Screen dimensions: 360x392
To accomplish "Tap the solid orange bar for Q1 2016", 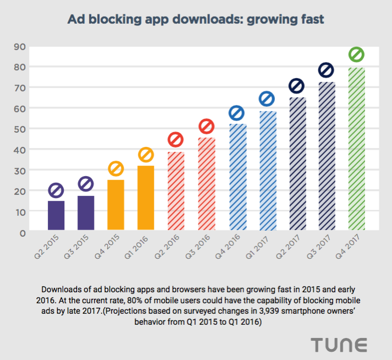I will tap(146, 198).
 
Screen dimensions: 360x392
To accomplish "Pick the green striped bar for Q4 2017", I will tap(356, 149).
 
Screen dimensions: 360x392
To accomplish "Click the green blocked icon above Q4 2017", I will tap(356, 54).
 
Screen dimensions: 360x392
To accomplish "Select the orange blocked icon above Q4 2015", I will tap(116, 168).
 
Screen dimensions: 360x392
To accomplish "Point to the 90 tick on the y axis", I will tap(20, 46).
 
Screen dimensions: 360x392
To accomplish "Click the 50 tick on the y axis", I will tap(20, 129).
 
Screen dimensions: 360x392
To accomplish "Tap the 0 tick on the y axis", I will tap(23, 233).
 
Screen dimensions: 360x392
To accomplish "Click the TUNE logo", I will tap(339, 345).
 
